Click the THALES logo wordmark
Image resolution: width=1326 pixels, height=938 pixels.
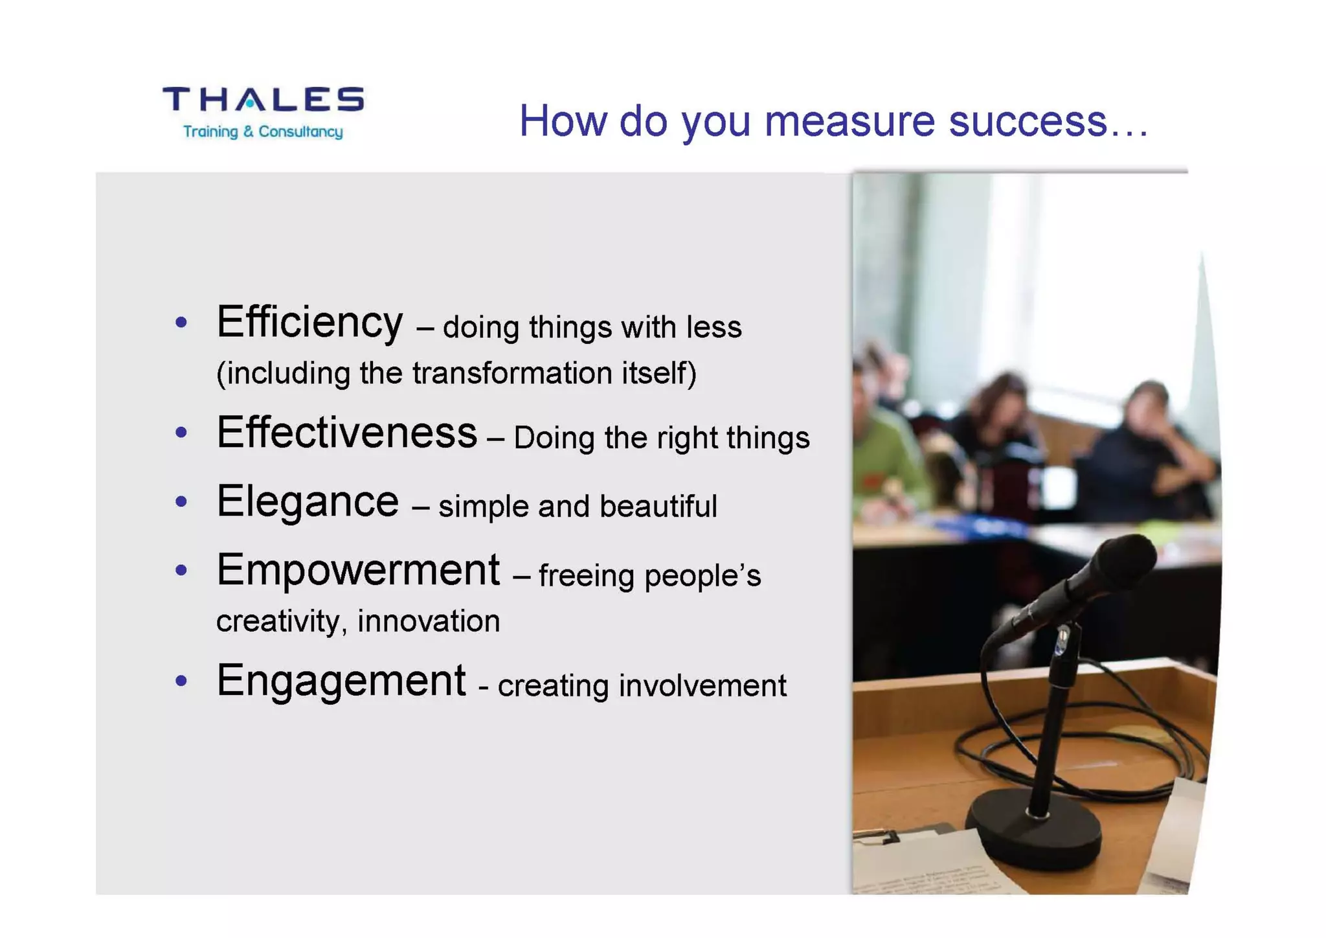pos(263,100)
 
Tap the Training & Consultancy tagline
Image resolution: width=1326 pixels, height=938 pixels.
pos(263,132)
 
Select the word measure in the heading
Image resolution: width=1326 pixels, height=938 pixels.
pos(849,121)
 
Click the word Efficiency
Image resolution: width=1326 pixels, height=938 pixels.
pos(309,322)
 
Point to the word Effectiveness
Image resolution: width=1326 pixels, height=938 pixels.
pos(346,433)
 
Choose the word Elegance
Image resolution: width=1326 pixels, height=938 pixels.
pos(308,502)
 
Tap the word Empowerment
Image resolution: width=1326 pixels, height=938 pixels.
pos(357,570)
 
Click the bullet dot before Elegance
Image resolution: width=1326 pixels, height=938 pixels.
pos(181,501)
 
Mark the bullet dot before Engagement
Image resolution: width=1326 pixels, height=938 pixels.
pos(181,681)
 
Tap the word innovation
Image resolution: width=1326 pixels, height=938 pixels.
pos(429,621)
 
